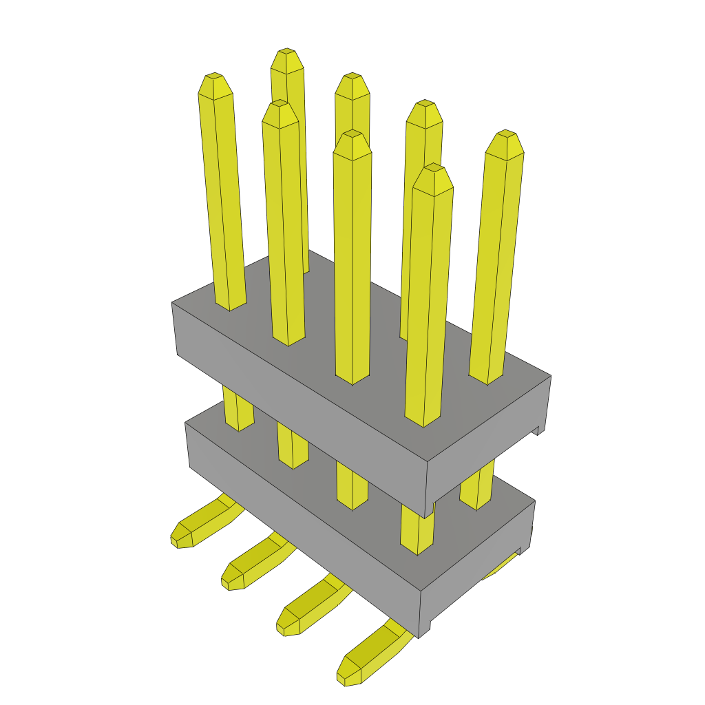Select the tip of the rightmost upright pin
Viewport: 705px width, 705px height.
506,134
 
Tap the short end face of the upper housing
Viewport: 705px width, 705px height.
489,441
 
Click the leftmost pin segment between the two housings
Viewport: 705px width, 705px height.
238,410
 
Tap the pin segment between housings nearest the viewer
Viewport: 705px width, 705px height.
417,530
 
